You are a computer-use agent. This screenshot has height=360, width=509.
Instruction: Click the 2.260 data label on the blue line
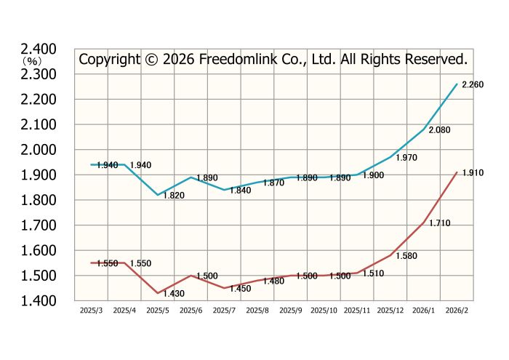pos(473,84)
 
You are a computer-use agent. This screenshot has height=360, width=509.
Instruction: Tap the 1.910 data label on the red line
pos(473,173)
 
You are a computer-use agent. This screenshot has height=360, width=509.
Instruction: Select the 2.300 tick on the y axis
pos(39,74)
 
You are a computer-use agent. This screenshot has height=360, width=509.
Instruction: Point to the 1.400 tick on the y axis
pos(39,300)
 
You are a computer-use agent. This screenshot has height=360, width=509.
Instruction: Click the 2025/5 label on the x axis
pos(158,310)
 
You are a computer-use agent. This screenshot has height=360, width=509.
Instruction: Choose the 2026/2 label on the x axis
pos(457,310)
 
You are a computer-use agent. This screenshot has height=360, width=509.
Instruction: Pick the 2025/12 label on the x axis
pos(390,310)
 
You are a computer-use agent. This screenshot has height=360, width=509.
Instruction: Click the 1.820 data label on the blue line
pos(173,196)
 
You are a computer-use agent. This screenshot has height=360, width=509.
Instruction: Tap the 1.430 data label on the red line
pos(173,293)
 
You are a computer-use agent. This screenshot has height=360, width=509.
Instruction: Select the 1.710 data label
pos(439,223)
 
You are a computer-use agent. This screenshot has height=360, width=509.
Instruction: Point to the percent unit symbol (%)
pos(30,62)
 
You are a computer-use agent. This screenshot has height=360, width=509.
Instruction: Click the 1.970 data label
pos(405,158)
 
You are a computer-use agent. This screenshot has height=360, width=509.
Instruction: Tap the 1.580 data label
pos(406,256)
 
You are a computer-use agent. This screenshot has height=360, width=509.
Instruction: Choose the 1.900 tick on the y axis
pos(39,175)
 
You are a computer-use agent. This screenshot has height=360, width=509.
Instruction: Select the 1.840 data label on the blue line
pos(240,191)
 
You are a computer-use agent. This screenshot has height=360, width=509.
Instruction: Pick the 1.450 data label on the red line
pos(240,289)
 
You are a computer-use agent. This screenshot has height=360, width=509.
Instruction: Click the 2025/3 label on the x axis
pos(91,310)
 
